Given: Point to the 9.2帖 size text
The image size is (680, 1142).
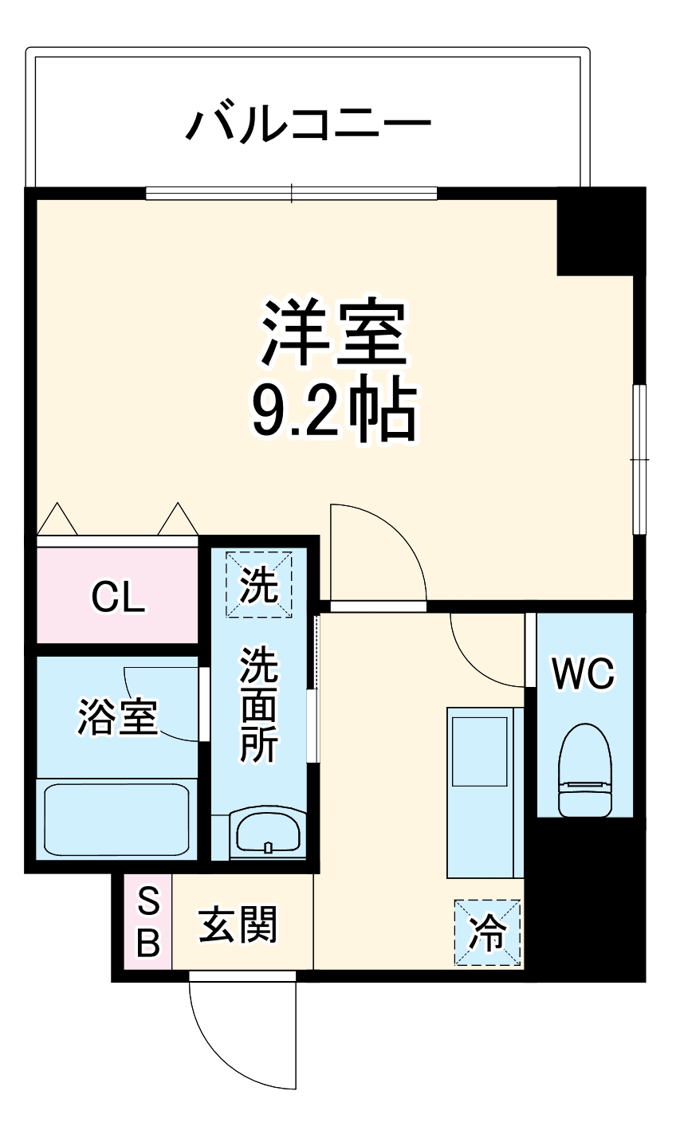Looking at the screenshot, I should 334,413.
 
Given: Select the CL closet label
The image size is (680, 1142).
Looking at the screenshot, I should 118,597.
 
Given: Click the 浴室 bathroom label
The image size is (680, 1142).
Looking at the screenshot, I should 117,716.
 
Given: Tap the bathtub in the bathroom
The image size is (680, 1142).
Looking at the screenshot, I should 116,819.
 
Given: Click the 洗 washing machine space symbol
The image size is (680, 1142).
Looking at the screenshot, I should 259,586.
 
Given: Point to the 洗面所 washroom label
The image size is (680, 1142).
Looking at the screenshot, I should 259,705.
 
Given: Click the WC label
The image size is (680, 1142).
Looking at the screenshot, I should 584,674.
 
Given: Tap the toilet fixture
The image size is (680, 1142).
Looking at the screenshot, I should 584,771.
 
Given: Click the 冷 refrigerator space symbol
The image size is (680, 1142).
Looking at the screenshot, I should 487,932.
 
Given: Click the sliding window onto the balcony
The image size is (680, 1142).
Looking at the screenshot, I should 292,193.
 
